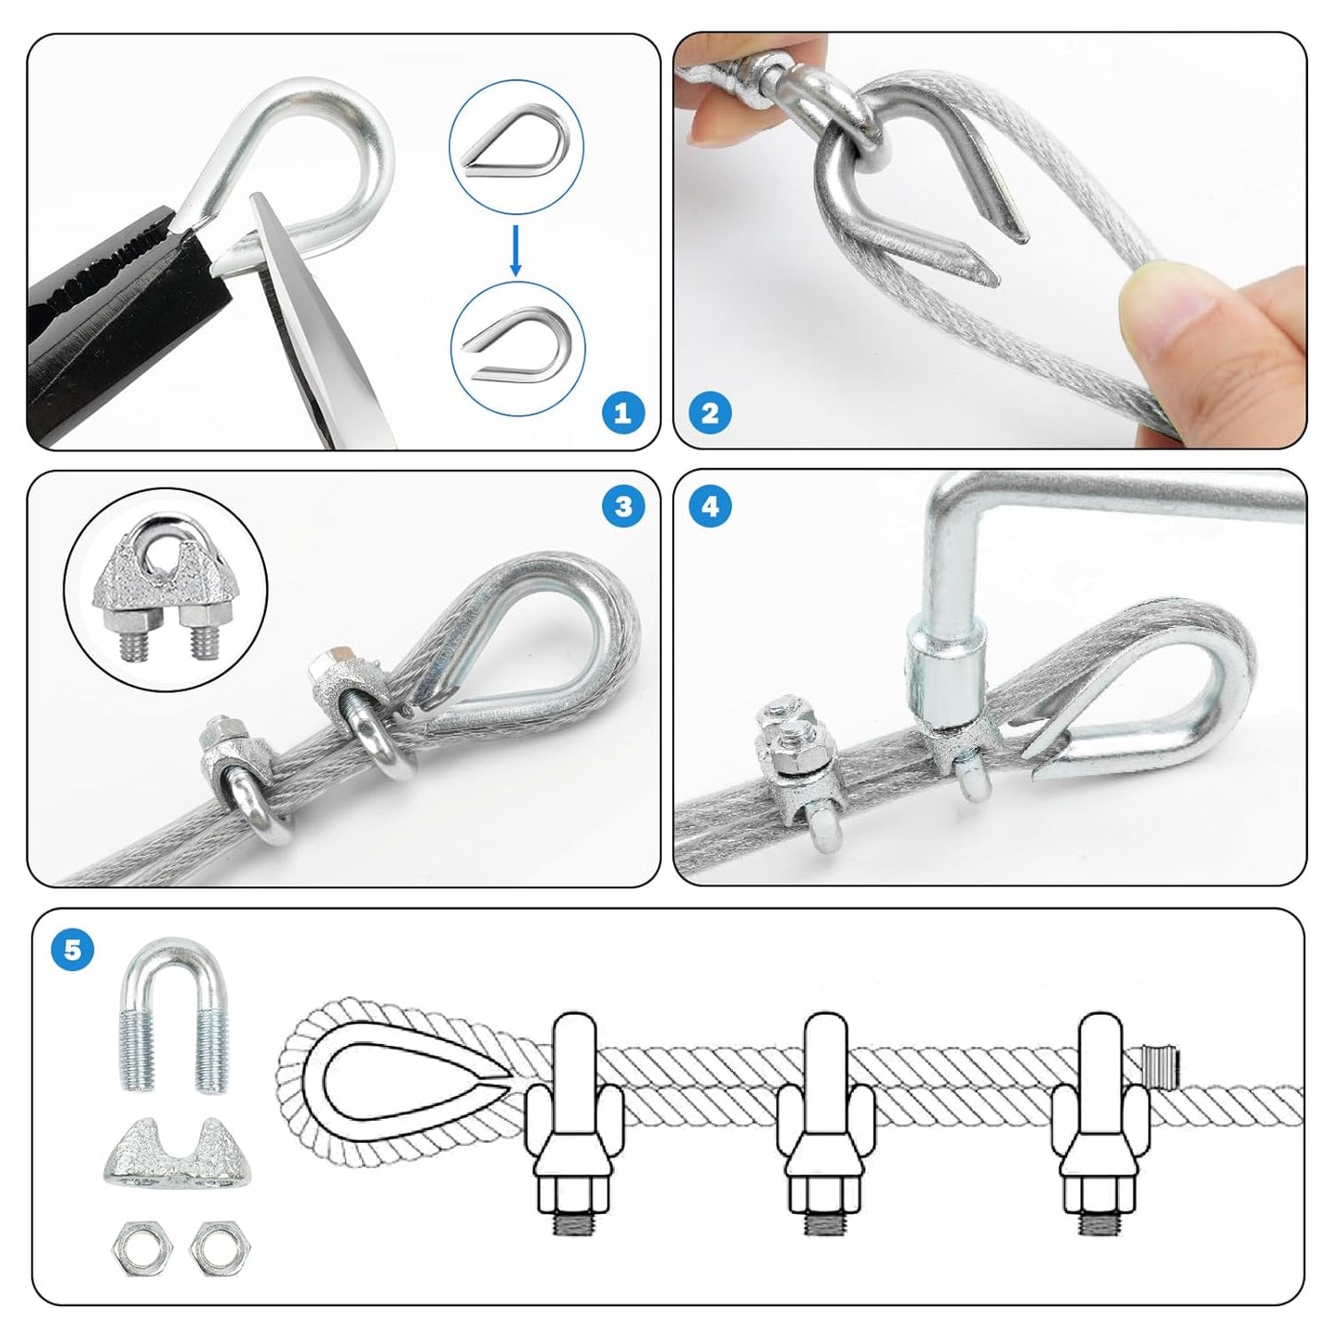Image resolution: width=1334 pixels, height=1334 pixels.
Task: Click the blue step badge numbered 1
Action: (622, 413)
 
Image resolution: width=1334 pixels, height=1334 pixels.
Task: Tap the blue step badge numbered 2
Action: (710, 413)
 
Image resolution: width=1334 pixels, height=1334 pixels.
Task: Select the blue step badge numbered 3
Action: (623, 506)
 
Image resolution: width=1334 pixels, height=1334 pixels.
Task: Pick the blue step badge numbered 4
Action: (710, 506)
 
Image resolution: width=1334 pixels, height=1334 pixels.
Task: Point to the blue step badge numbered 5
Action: (73, 948)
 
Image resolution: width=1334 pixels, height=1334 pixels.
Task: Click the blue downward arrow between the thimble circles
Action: (516, 248)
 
